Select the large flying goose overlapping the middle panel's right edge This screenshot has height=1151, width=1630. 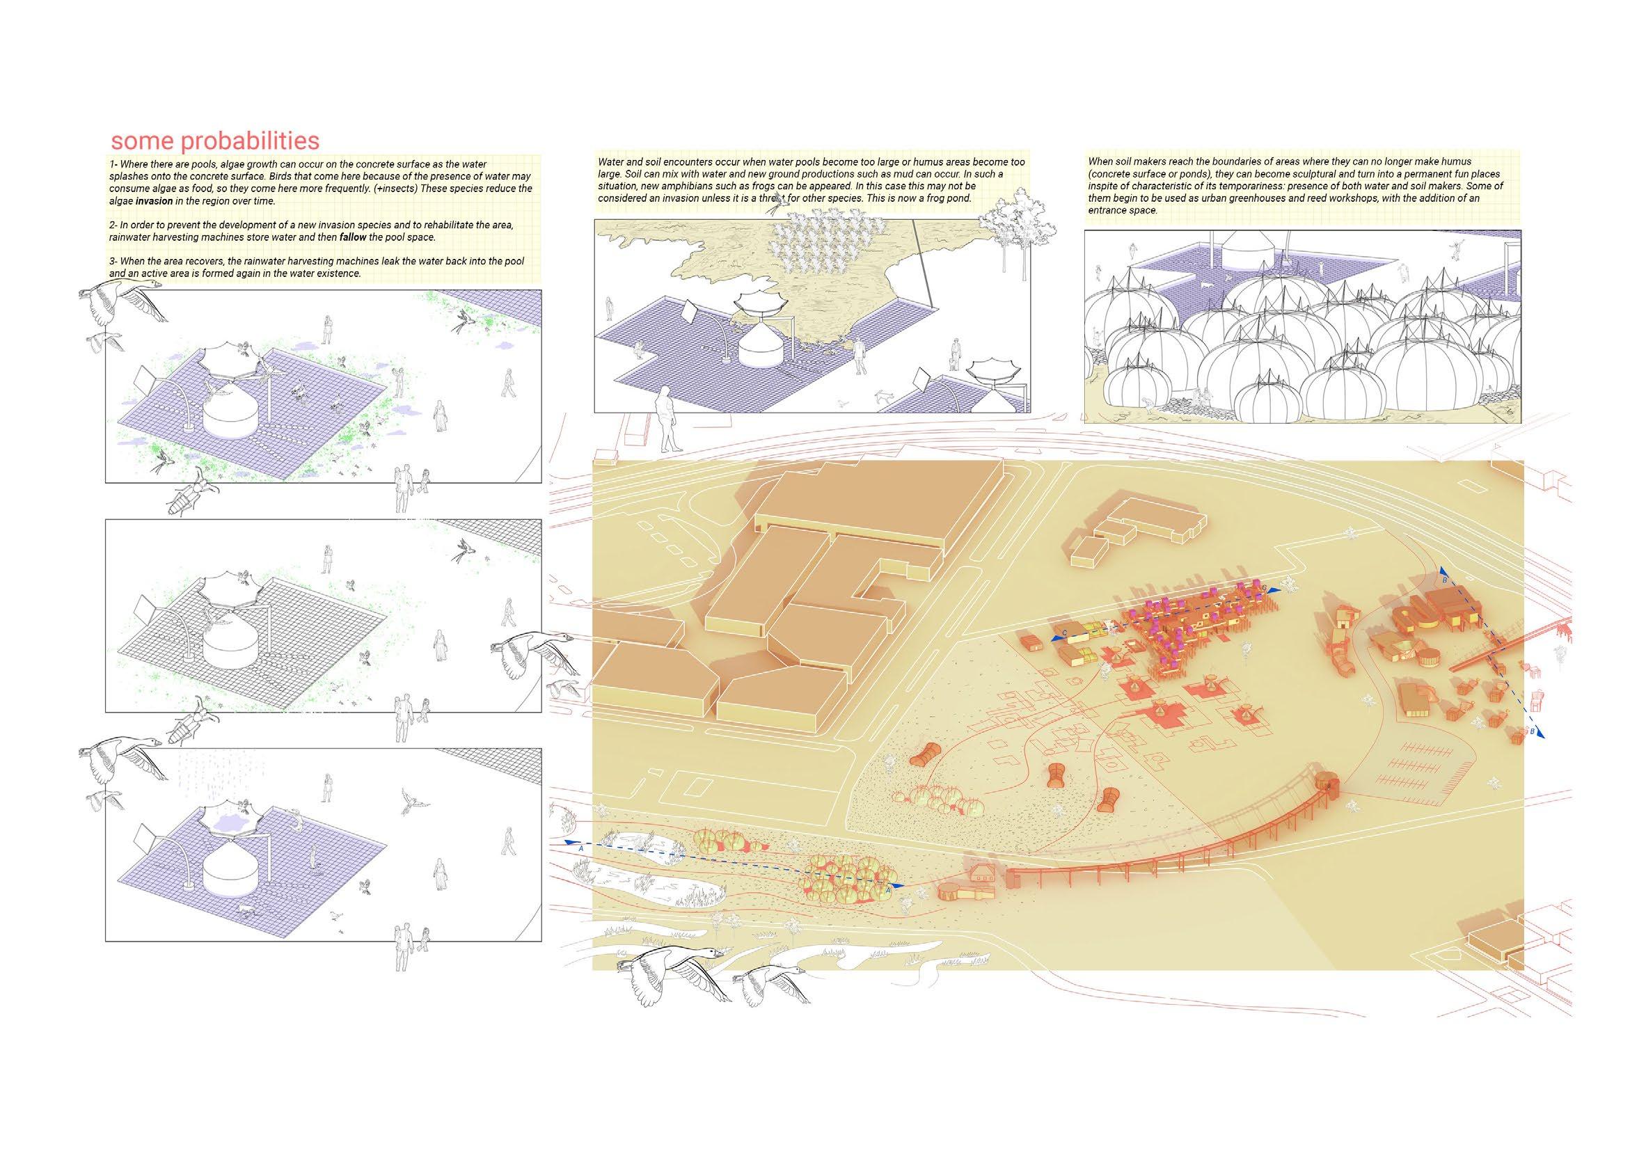coord(536,656)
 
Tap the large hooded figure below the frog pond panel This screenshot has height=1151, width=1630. coord(668,420)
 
